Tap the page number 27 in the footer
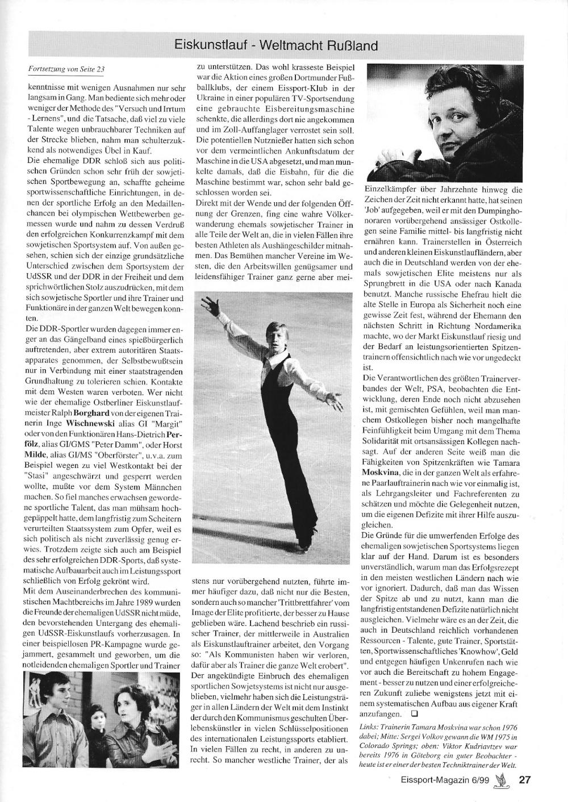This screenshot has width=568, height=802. pos(525,780)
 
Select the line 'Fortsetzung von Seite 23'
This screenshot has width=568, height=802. pos(66,69)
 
